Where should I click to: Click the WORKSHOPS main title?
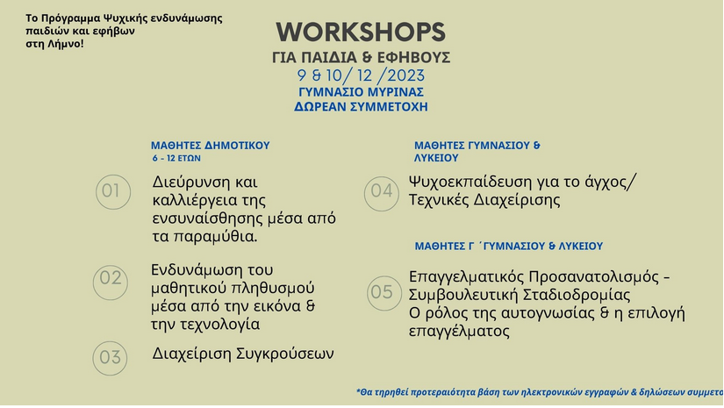click(361, 32)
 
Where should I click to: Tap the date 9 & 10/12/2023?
click(361, 75)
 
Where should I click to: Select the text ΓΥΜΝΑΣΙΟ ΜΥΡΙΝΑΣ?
click(361, 92)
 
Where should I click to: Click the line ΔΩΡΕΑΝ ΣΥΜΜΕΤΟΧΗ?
click(361, 107)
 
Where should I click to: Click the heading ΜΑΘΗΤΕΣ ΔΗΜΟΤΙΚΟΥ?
click(210, 146)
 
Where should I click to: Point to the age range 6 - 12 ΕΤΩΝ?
click(176, 158)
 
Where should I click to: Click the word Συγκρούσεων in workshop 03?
click(285, 354)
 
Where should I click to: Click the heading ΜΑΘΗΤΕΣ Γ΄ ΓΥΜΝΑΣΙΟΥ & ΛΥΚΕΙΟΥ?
click(508, 247)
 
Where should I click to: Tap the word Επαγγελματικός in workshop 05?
click(466, 277)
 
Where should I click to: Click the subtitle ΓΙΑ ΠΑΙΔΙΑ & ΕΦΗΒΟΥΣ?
click(361, 57)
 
